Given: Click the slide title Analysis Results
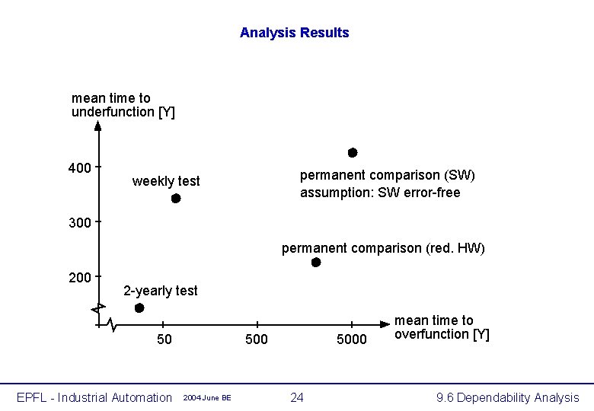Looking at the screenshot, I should [294, 33].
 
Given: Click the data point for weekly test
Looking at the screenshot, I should [176, 199].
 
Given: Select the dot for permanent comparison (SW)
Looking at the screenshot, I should [353, 153].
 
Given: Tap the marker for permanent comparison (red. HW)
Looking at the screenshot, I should [316, 263].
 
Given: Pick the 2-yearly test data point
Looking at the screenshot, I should [139, 307].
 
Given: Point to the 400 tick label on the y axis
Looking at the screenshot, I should [79, 168].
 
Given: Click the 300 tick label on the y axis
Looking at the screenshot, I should [79, 223].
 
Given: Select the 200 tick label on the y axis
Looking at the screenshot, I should [79, 278].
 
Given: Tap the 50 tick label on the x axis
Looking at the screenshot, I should [164, 339].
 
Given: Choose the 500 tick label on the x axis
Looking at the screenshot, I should [257, 339].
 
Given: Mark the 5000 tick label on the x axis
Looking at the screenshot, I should [352, 339].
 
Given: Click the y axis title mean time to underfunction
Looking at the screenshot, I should [123, 105].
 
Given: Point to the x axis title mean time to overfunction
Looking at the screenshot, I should [442, 327].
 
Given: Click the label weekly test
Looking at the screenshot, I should [166, 181].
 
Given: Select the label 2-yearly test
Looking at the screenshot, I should [161, 291].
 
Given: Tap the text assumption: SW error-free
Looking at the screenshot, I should [380, 193].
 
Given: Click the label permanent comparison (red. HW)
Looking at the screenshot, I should [383, 248].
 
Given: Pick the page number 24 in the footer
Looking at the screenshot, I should [297, 397].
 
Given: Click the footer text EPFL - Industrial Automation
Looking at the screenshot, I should [95, 397].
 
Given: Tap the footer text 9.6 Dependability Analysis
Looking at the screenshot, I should [507, 397].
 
